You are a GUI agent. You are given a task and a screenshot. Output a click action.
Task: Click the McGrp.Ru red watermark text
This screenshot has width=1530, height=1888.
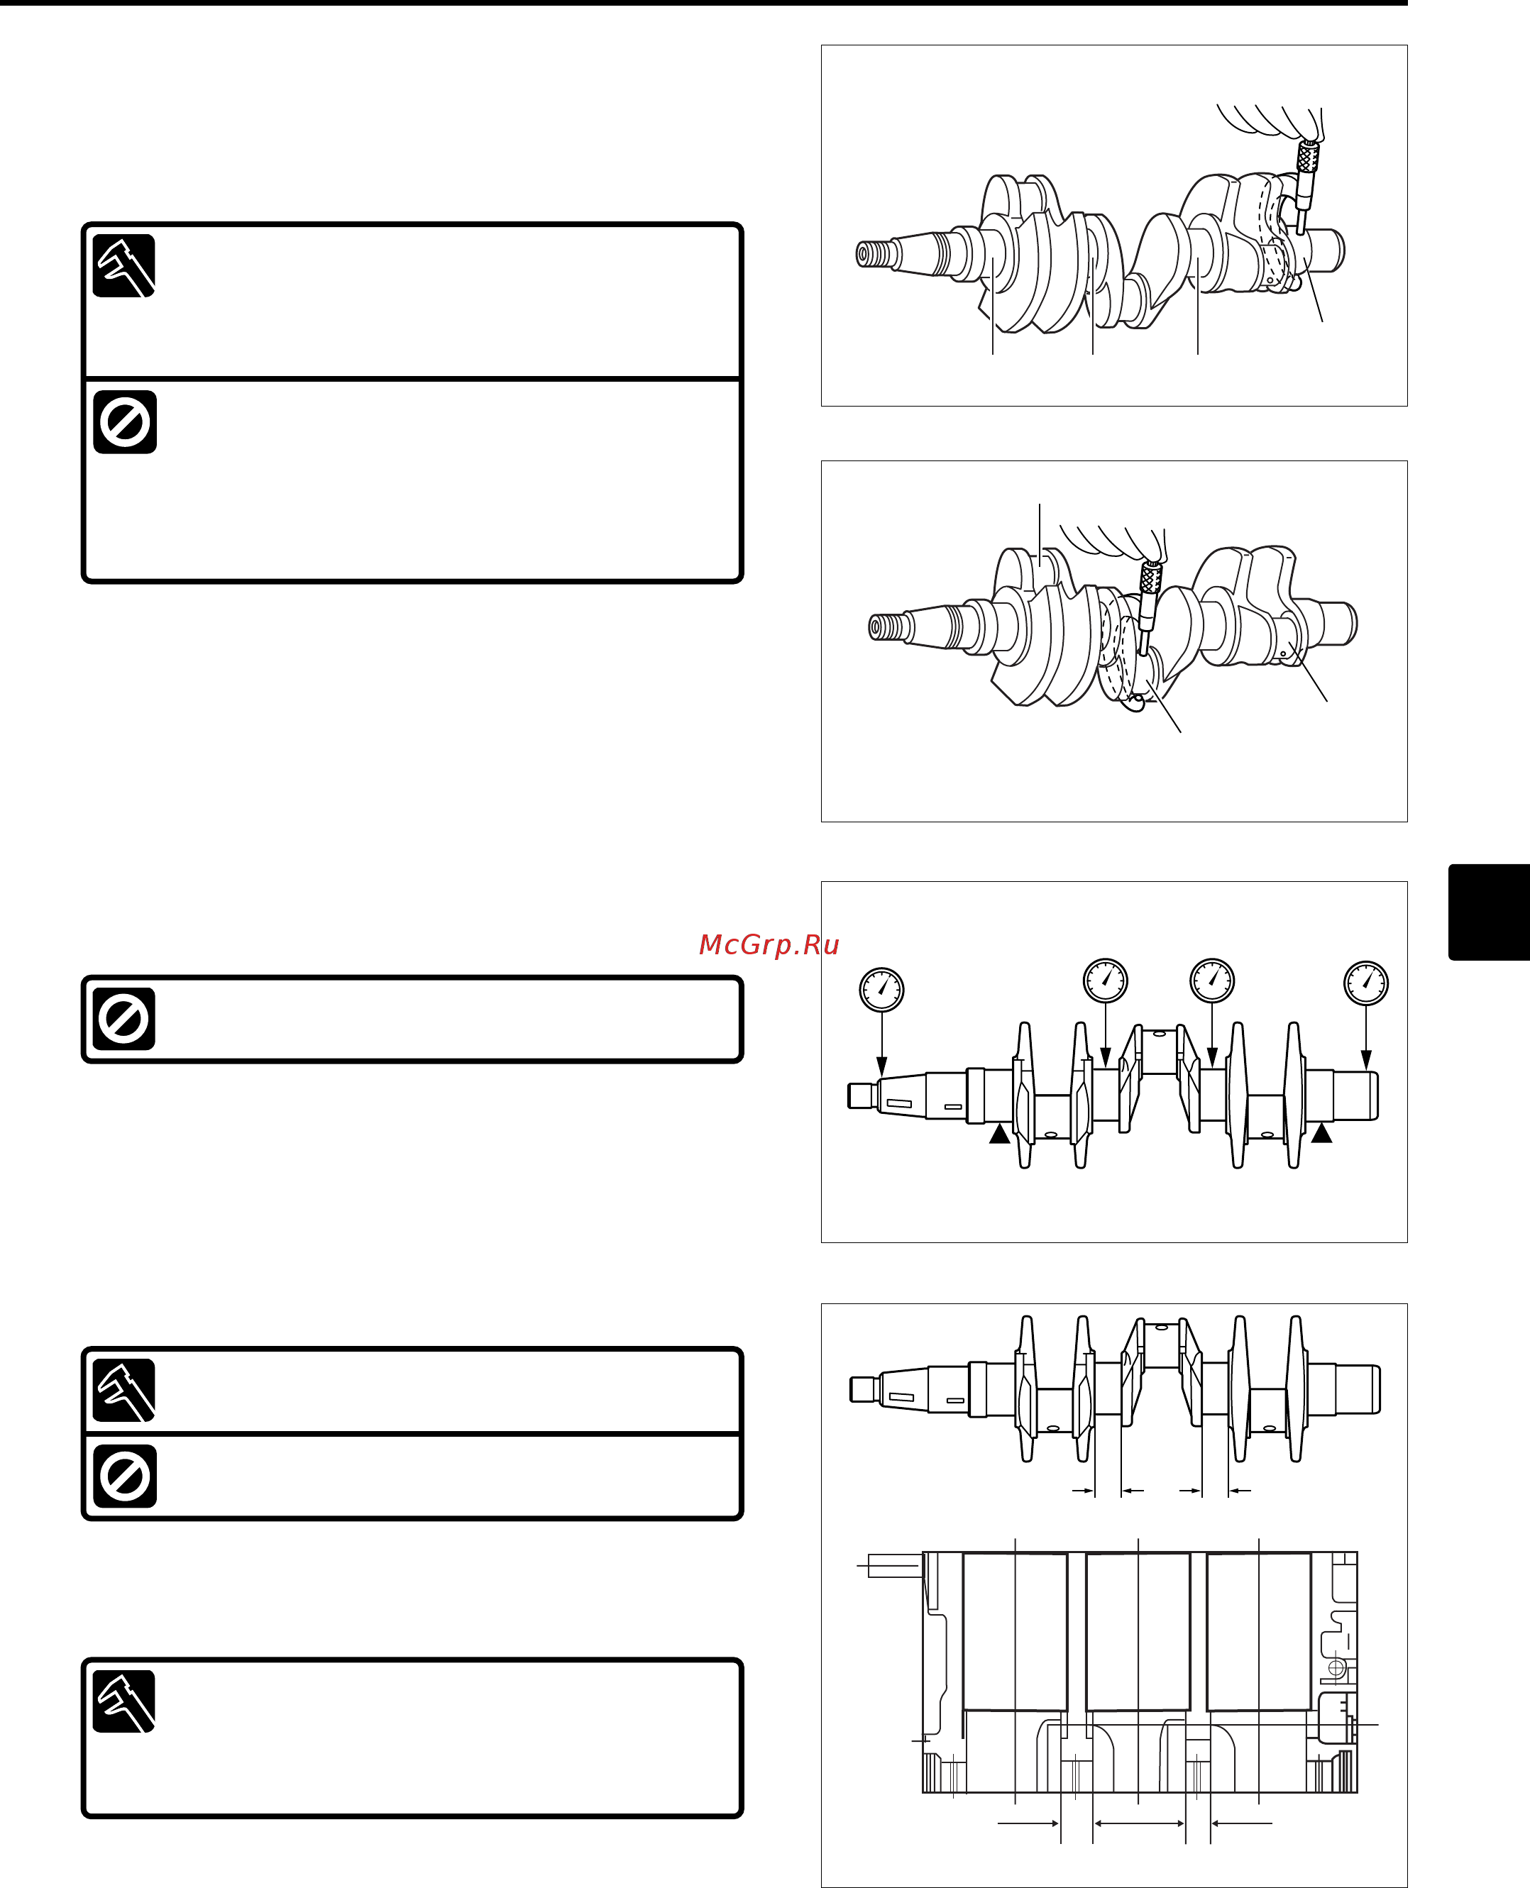pos(768,944)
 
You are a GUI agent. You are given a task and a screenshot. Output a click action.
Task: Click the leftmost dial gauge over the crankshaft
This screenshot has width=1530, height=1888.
pos(881,988)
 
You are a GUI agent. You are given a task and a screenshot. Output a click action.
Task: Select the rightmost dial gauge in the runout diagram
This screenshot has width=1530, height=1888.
pos(1365,983)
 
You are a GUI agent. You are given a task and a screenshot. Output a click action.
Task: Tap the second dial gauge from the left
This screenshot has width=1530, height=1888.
pos(1105,980)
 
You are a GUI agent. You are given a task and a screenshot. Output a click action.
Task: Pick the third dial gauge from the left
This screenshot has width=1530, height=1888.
pos(1212,980)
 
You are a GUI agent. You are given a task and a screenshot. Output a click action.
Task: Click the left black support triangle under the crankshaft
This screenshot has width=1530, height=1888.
pos(999,1134)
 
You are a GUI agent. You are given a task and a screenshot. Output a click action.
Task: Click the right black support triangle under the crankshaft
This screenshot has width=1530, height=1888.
pos(1321,1133)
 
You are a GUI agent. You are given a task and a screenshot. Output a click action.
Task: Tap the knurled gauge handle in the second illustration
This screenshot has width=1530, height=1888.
pos(1150,579)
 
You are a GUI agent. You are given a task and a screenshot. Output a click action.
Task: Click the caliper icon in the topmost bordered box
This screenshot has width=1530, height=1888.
pos(124,266)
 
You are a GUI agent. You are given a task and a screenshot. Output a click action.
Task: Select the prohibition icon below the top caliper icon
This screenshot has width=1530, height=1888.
pos(124,422)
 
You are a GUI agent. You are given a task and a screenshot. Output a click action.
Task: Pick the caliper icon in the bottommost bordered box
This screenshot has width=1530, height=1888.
pos(124,1701)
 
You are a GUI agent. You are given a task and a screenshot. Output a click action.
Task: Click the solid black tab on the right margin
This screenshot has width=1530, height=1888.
pos(1489,912)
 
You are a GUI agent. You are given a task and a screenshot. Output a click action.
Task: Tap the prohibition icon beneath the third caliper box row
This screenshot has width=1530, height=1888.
pos(124,1476)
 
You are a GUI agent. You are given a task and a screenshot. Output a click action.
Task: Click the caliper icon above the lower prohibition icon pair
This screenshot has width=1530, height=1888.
pos(124,1390)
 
